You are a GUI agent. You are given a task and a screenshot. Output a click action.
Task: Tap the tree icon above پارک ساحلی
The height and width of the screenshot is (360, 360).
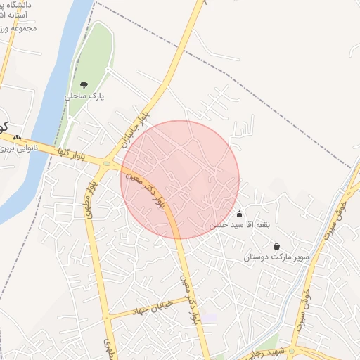tap(84, 86)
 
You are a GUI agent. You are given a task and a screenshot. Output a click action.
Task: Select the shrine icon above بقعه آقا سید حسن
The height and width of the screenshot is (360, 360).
tap(239, 214)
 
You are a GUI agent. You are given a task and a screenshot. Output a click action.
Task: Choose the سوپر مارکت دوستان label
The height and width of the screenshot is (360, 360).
tap(276, 257)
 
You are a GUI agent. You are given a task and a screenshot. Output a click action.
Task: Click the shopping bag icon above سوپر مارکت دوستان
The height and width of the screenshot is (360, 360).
tap(276, 246)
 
